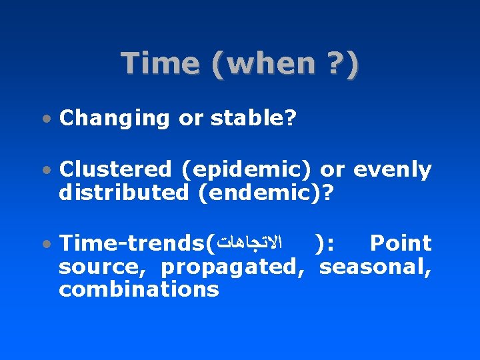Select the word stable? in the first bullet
pos(254,118)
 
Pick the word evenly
pos(393,170)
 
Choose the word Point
pos(401,244)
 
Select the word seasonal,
pos(375,267)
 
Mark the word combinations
pos(139,289)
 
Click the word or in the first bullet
pos(191,118)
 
